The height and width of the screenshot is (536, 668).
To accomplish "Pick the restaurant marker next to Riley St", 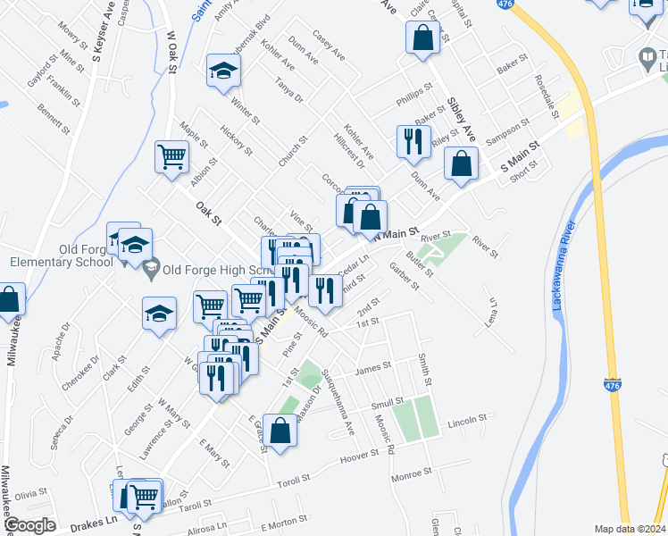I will [x=413, y=142].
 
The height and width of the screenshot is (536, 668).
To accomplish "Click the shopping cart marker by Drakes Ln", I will [x=145, y=496].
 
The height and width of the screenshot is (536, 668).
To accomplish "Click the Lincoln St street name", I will [x=468, y=419].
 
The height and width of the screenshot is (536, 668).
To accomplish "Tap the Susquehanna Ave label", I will [x=339, y=401].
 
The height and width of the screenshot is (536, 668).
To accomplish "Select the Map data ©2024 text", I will [x=630, y=529].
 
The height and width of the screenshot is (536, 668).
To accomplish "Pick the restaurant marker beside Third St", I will [x=325, y=289].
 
